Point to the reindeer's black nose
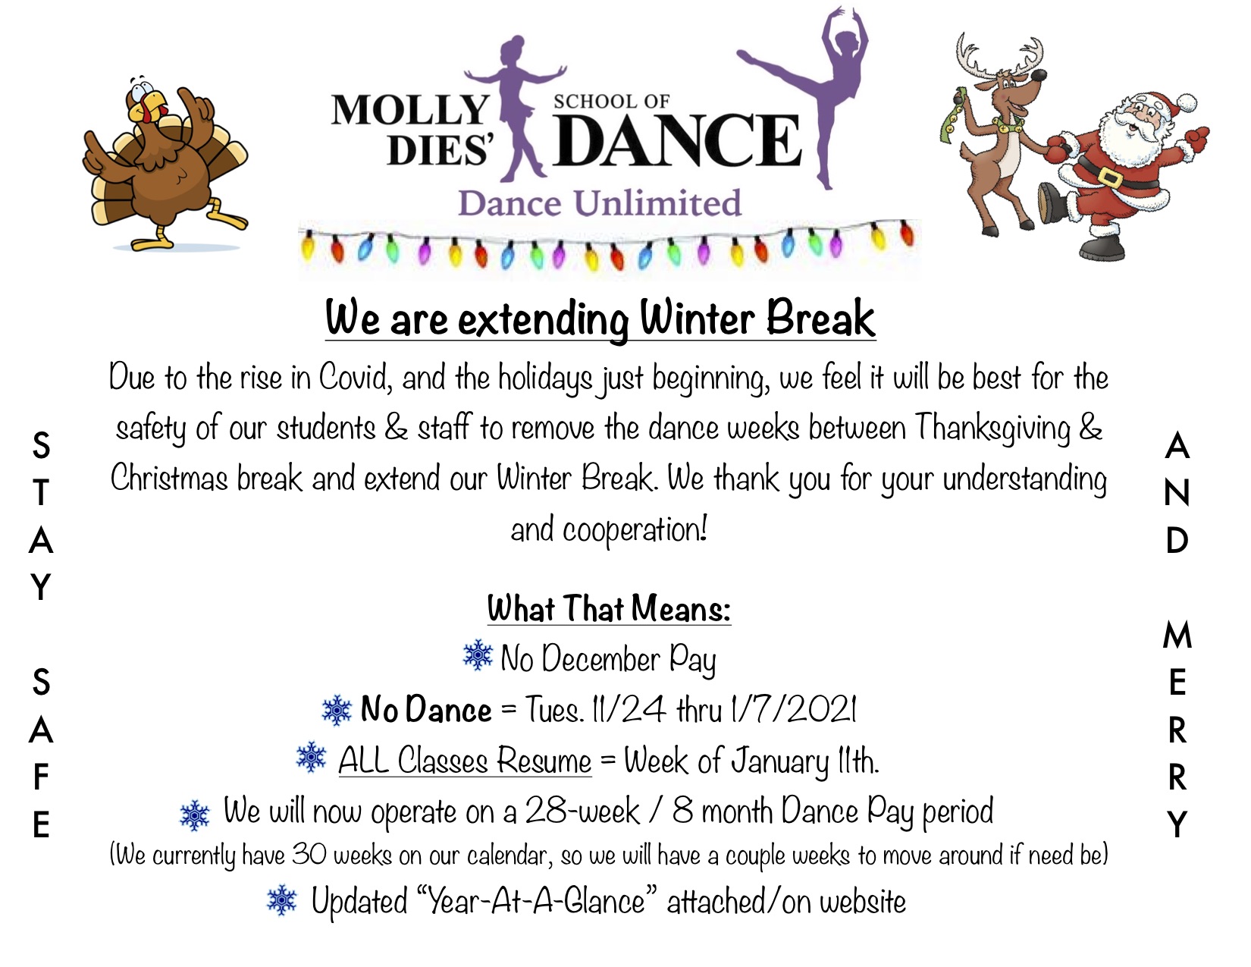point(1039,75)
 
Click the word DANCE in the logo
point(677,140)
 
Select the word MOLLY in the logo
point(410,109)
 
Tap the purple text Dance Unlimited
point(599,203)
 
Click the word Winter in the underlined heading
point(697,317)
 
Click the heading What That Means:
point(609,609)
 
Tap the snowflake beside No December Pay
point(478,656)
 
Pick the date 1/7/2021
point(794,709)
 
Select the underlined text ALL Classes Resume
point(465,761)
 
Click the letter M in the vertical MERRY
point(1177,636)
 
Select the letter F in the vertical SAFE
point(41,777)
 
